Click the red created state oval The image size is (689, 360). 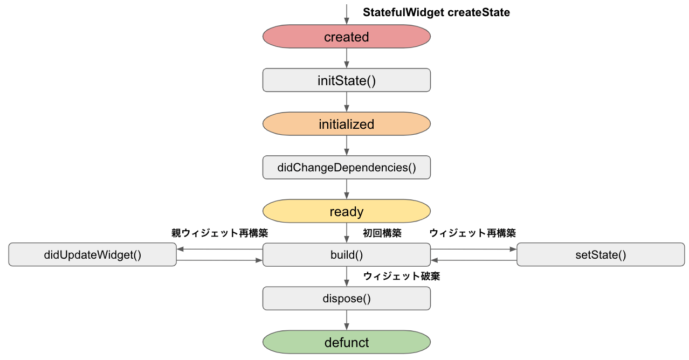[x=346, y=37]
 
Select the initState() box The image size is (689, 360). [x=346, y=80]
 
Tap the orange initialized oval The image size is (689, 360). [x=346, y=124]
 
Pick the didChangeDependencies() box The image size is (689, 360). [x=346, y=168]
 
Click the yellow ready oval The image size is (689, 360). [x=346, y=211]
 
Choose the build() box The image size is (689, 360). [x=346, y=255]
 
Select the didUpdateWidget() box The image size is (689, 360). [x=92, y=254]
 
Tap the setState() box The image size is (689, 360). [x=601, y=254]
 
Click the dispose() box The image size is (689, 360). [x=346, y=299]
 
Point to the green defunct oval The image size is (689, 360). [x=346, y=342]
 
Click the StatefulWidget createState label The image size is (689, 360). [x=436, y=12]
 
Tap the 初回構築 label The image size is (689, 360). [x=382, y=233]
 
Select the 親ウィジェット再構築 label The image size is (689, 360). [x=219, y=233]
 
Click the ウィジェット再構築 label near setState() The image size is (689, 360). [x=472, y=233]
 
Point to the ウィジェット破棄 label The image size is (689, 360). [x=402, y=276]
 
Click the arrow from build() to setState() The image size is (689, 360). [x=474, y=250]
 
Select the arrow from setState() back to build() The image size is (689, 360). [x=474, y=260]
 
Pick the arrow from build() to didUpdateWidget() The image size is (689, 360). [x=219, y=250]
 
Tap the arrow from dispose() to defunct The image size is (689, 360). [x=347, y=320]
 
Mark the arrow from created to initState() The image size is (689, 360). [x=347, y=58]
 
